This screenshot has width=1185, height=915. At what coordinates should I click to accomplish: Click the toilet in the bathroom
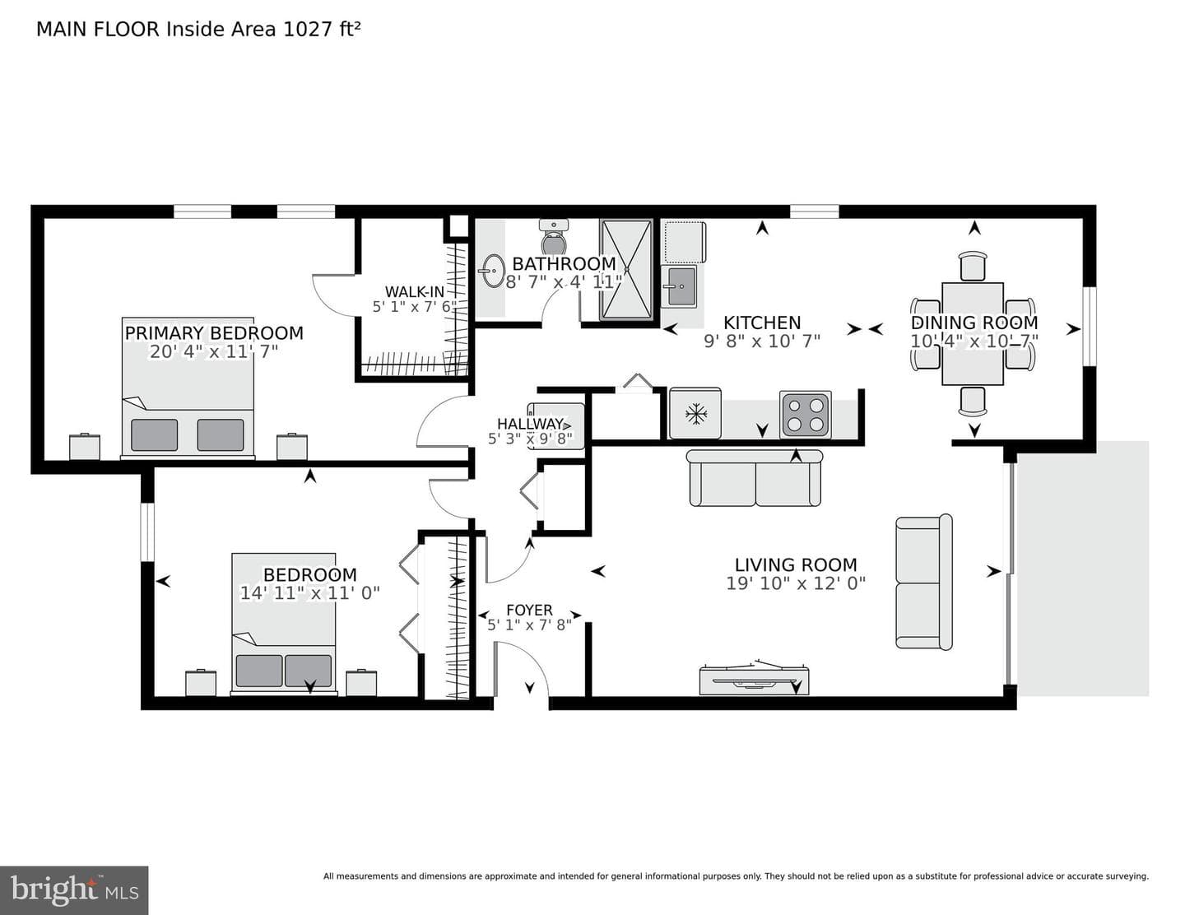tap(554, 236)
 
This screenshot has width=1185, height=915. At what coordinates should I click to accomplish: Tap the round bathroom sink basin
tap(494, 270)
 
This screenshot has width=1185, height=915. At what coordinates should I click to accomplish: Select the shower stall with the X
tap(626, 269)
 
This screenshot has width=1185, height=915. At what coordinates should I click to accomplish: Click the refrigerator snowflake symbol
tap(696, 415)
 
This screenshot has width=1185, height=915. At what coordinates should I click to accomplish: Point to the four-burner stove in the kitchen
tap(806, 414)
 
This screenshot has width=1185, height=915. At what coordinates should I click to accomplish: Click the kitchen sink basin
tap(681, 286)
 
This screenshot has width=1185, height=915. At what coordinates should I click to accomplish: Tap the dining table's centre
tap(973, 334)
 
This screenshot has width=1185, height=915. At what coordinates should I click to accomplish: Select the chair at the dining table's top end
tap(973, 266)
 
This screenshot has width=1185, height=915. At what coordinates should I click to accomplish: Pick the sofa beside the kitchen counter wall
tap(755, 478)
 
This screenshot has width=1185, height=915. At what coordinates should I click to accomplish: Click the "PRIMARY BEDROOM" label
tap(214, 332)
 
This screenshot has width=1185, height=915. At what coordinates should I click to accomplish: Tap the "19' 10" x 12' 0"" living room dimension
tap(796, 583)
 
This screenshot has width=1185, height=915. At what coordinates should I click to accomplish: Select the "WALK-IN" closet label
tap(415, 292)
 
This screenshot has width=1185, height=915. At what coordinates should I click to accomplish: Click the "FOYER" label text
tap(529, 610)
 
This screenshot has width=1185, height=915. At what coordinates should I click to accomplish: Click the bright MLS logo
tap(74, 890)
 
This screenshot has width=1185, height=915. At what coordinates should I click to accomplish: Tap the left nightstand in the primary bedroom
tap(85, 446)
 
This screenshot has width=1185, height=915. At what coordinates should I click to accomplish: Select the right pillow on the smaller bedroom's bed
tap(308, 671)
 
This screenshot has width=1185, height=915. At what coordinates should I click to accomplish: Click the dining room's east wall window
tap(1089, 326)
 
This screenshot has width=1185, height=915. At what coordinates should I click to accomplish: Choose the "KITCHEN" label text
tap(762, 323)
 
